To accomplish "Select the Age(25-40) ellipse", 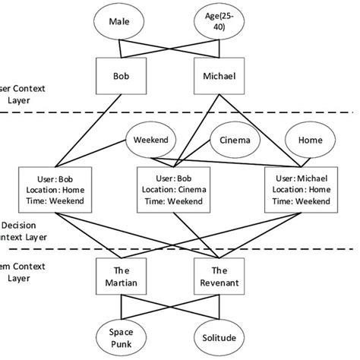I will coord(219,26).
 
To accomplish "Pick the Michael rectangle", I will coord(219,77).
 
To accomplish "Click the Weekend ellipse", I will coord(150,141).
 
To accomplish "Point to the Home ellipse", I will coord(310,141).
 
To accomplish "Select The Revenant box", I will coord(219,276).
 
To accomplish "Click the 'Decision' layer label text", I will coord(18,226).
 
